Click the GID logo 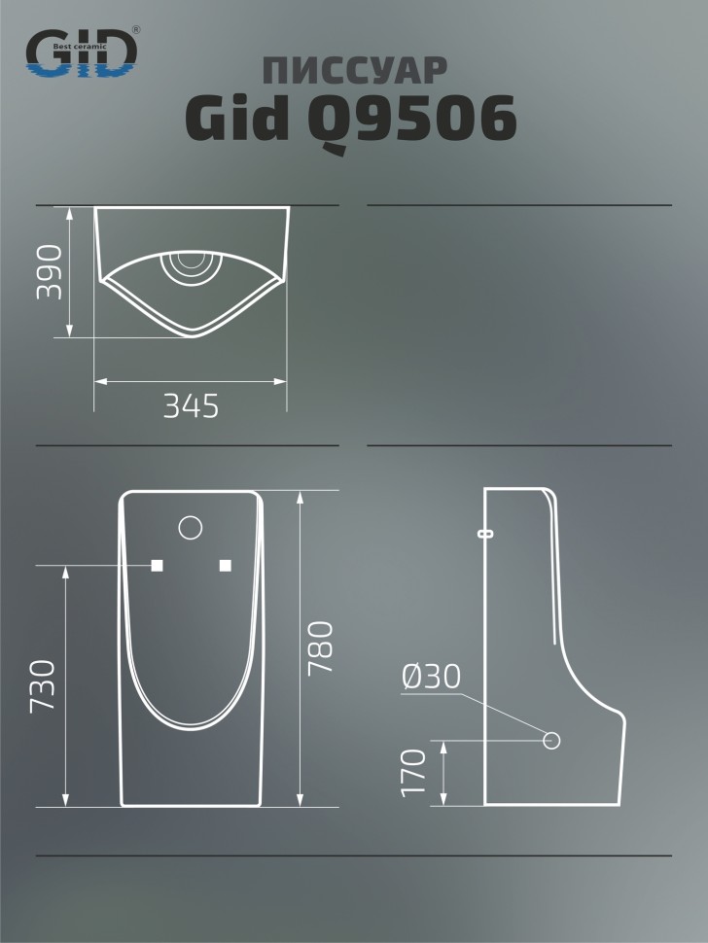(x=81, y=53)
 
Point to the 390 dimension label (x=50, y=272)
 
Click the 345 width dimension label (x=191, y=406)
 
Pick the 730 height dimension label (x=42, y=686)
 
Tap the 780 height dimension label (x=321, y=649)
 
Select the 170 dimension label (x=415, y=773)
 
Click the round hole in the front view (x=191, y=528)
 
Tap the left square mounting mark (x=156, y=565)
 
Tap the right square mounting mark (x=226, y=565)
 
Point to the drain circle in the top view (x=189, y=265)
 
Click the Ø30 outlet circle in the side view (x=551, y=741)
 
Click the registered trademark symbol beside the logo (x=135, y=30)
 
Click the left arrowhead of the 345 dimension (x=98, y=382)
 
